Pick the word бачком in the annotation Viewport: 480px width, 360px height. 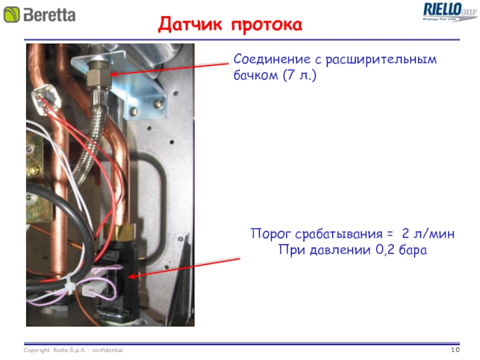253,76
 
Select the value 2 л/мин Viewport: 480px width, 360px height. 428,234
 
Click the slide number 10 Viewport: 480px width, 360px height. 454,350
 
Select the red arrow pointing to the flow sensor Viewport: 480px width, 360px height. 186,267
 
